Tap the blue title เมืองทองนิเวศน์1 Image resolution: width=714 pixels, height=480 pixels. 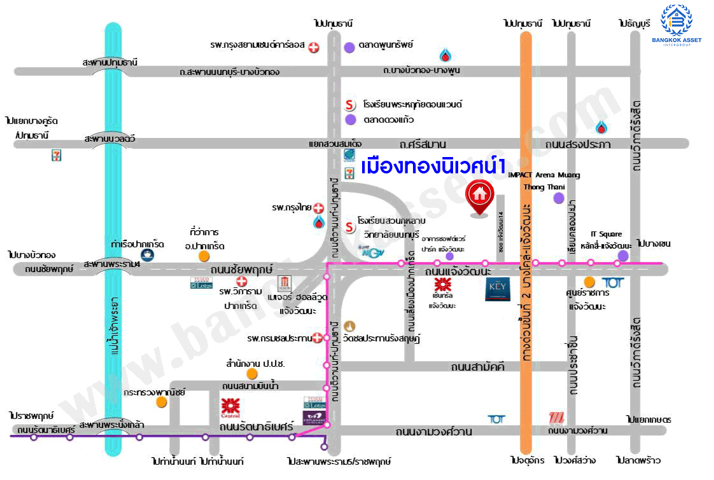433,167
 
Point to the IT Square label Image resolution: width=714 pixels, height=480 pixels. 606,235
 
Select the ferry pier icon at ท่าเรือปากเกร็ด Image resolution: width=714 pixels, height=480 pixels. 147,255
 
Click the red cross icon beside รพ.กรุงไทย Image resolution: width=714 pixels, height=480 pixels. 319,208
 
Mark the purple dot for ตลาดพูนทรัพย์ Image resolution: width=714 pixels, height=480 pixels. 349,46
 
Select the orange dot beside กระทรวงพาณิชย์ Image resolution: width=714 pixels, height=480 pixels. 162,402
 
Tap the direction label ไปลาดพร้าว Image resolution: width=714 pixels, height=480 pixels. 638,460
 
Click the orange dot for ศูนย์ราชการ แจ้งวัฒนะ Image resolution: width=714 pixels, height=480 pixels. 590,282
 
